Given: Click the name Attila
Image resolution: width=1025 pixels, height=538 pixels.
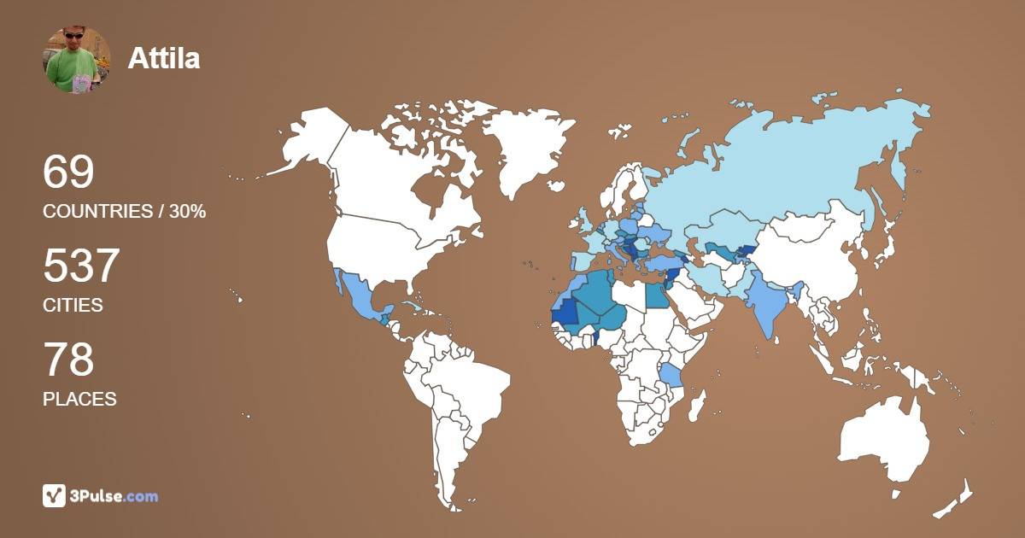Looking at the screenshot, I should (163, 58).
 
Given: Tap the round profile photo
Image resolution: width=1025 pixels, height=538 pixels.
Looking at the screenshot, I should (77, 59).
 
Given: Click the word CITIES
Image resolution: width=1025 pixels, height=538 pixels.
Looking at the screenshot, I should (73, 305).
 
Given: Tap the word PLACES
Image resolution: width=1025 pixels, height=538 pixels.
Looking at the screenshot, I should (79, 399).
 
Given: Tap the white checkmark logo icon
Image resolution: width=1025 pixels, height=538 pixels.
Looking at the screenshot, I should (55, 496).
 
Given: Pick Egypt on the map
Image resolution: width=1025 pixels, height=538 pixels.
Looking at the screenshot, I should (656, 295).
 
